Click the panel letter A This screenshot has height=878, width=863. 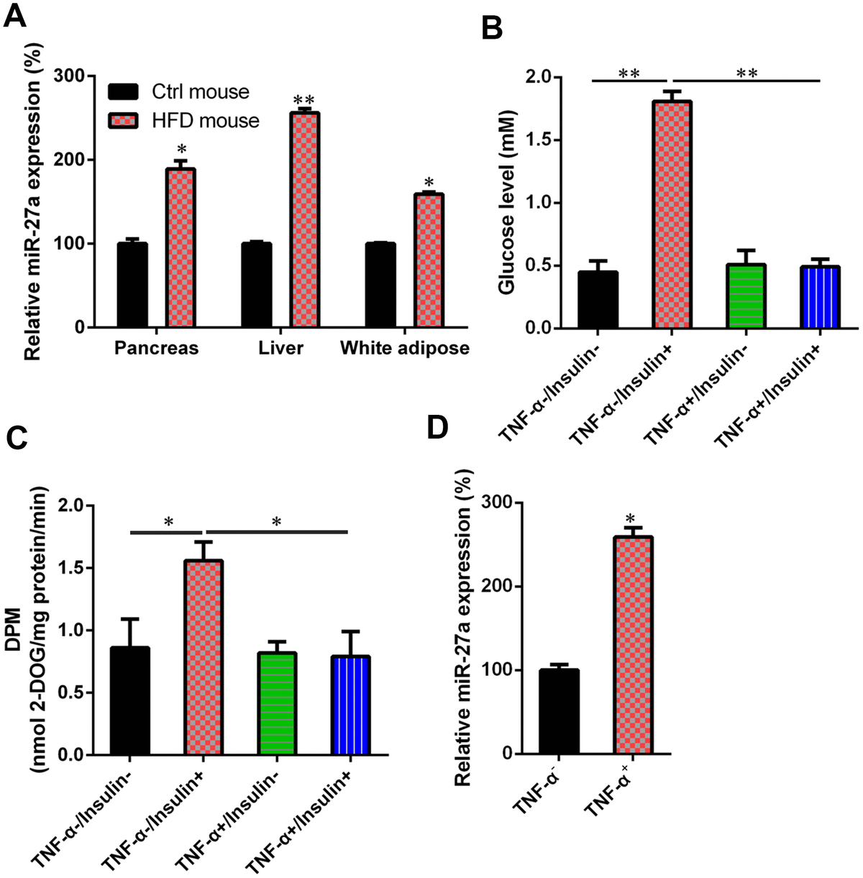click(x=16, y=16)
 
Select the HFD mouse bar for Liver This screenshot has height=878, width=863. click(x=304, y=220)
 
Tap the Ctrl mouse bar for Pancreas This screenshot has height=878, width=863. click(x=132, y=285)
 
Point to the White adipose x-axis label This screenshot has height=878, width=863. click(x=404, y=349)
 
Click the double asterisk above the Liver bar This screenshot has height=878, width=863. click(x=304, y=99)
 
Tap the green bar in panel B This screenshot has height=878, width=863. click(x=745, y=296)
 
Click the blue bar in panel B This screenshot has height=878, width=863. click(x=820, y=297)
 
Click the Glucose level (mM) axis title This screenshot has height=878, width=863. click(x=508, y=203)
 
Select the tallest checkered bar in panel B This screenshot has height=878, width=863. click(x=670, y=215)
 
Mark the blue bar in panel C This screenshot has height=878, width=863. click(x=350, y=705)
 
